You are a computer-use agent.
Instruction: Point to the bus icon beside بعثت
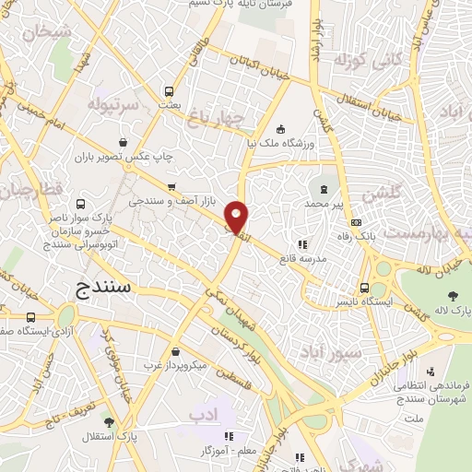168,91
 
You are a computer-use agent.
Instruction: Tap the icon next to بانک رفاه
356,222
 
